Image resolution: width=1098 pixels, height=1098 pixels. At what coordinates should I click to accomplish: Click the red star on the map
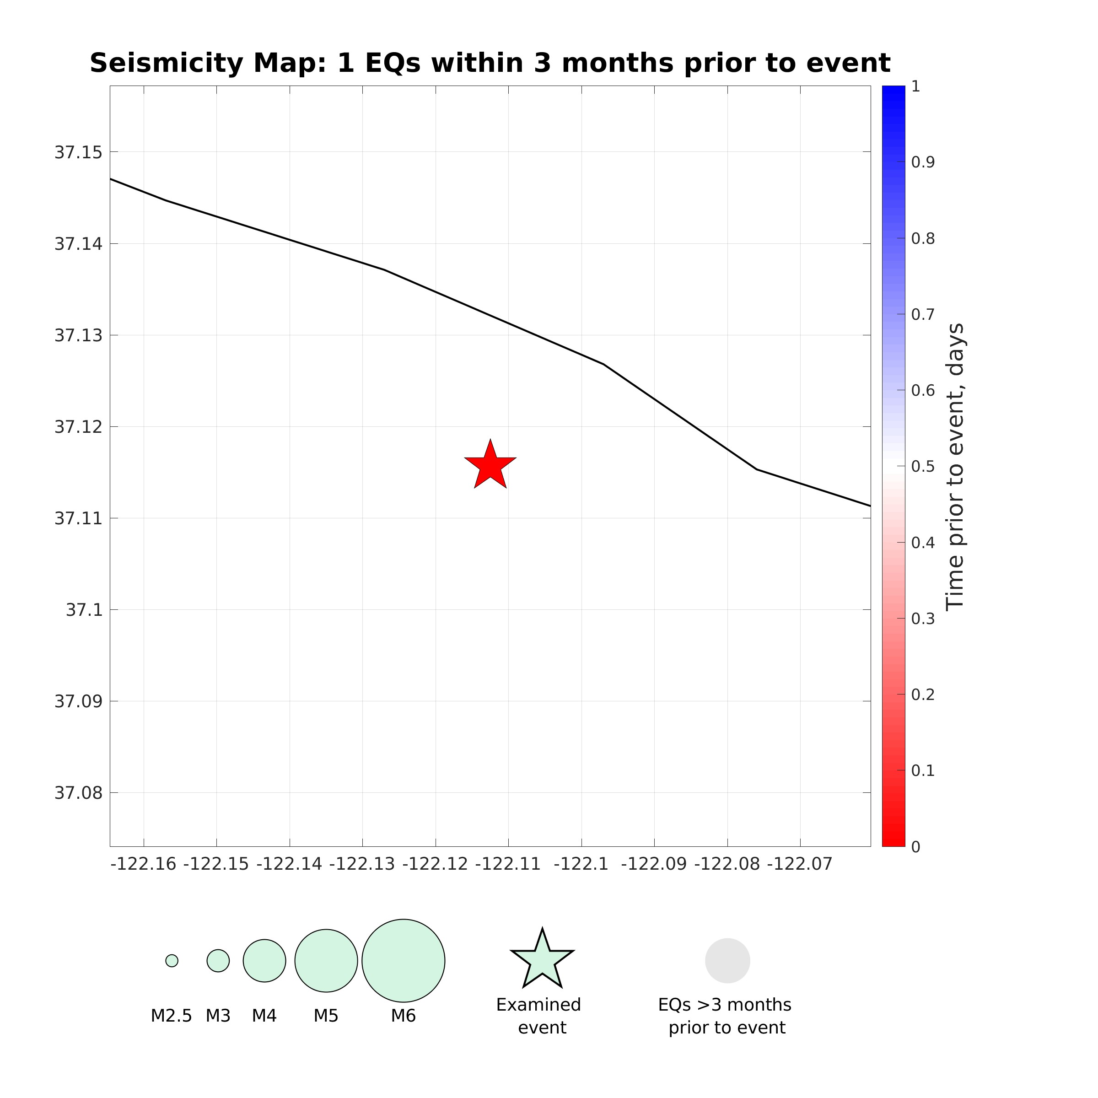(x=490, y=465)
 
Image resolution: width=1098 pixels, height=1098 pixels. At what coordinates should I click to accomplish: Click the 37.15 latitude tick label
(x=78, y=152)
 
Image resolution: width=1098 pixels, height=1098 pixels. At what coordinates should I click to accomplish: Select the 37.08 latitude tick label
(x=78, y=793)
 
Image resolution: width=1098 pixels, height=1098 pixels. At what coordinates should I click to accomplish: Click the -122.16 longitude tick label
(x=143, y=864)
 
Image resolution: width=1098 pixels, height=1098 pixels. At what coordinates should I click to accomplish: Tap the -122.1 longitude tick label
(x=581, y=864)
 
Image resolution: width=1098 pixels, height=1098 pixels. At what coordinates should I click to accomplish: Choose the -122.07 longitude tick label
(x=800, y=864)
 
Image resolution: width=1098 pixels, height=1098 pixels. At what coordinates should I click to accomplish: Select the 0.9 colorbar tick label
(x=923, y=162)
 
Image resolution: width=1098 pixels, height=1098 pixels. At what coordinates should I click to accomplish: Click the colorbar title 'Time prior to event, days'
(x=955, y=467)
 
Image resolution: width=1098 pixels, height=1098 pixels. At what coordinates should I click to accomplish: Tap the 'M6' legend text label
(x=404, y=1016)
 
